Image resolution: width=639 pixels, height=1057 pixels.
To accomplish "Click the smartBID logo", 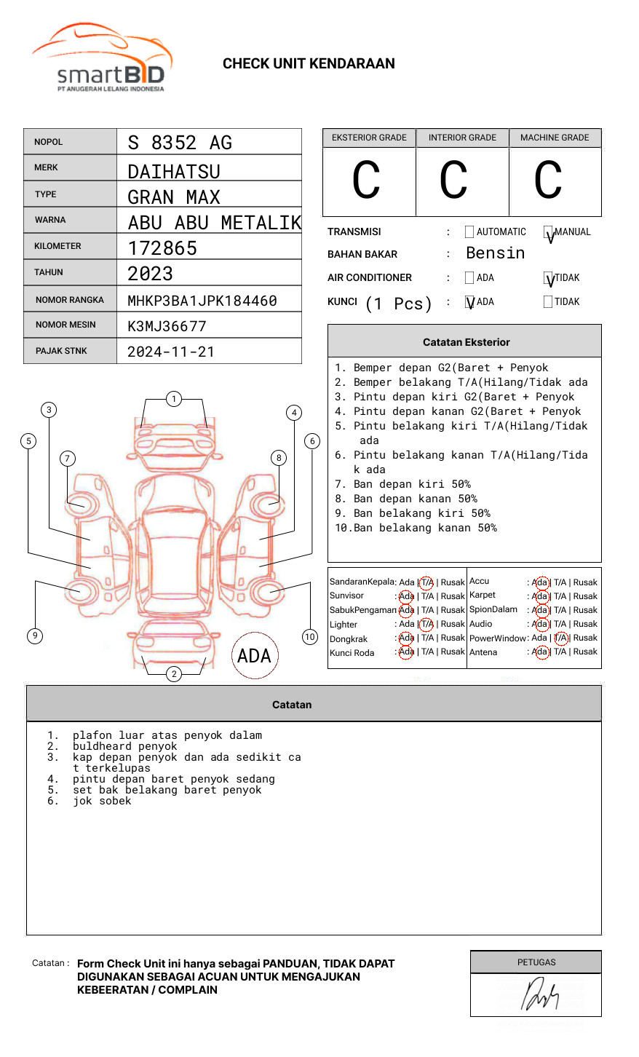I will click(x=102, y=58).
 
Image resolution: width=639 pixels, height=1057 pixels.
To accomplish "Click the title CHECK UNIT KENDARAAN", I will click(x=309, y=64).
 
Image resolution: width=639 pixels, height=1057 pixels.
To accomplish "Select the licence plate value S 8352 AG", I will click(x=180, y=143).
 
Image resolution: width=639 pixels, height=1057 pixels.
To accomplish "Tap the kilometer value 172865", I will click(x=162, y=248).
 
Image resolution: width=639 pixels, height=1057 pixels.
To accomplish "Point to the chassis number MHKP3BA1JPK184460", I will click(x=202, y=301).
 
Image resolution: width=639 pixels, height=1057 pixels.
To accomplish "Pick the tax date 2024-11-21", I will click(x=171, y=352).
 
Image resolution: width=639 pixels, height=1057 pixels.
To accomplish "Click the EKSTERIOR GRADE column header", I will click(x=369, y=138).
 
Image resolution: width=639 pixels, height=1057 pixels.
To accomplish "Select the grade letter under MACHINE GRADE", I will click(x=548, y=181).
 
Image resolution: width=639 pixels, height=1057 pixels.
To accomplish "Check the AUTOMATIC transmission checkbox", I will click(x=469, y=232).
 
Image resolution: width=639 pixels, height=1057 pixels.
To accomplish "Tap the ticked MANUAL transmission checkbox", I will click(x=548, y=233).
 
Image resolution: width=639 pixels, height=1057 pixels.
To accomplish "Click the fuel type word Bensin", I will click(x=495, y=253).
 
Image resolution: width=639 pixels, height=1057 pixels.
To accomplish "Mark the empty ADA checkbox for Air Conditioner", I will click(x=469, y=278).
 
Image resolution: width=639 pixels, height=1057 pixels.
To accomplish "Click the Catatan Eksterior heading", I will click(x=466, y=342).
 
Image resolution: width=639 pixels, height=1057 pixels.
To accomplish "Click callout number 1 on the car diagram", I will click(x=173, y=399).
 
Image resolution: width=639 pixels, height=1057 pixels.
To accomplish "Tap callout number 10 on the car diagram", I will click(x=310, y=637).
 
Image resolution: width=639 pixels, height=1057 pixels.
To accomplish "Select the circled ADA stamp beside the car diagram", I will click(x=255, y=656).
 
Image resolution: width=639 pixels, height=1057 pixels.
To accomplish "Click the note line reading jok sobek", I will click(x=102, y=801).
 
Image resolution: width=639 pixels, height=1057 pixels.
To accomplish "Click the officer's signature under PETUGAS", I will click(x=539, y=995).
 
